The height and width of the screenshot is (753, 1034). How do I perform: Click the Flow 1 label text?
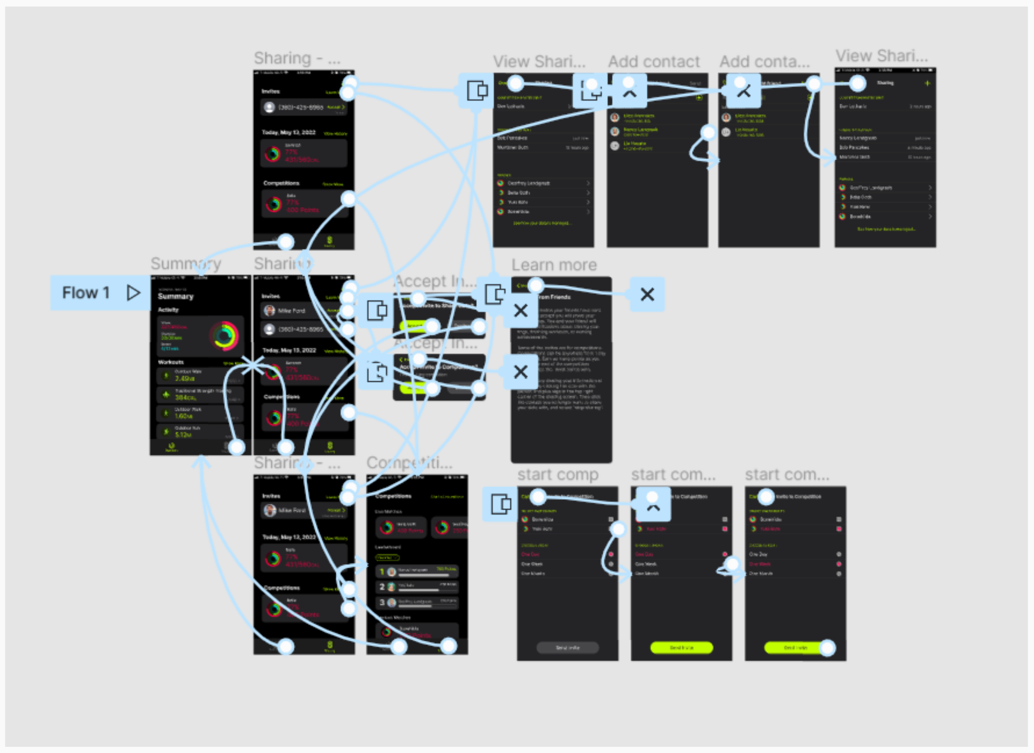click(x=86, y=293)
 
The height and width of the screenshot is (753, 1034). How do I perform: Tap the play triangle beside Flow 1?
click(x=133, y=293)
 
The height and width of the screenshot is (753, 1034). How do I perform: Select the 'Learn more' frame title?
click(x=554, y=265)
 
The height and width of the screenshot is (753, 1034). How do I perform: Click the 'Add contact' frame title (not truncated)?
click(x=654, y=62)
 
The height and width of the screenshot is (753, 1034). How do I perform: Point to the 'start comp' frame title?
click(x=558, y=475)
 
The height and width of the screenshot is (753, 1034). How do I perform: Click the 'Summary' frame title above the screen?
click(x=186, y=264)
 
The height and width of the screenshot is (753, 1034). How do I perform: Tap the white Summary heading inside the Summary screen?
click(x=176, y=296)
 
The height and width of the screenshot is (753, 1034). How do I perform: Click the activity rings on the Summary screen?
click(x=224, y=336)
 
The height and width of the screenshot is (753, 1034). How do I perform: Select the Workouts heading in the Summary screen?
click(x=171, y=362)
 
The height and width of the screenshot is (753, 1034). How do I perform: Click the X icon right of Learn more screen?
click(x=647, y=295)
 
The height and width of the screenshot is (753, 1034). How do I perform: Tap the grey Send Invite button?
click(x=568, y=648)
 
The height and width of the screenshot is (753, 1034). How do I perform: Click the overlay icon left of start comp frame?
click(x=500, y=505)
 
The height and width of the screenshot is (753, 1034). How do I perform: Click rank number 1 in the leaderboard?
click(x=382, y=572)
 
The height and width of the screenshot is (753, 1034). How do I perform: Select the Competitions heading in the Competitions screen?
click(x=393, y=496)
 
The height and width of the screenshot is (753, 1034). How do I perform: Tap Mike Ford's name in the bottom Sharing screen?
click(x=292, y=510)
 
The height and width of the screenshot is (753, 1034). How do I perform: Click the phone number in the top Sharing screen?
click(x=301, y=108)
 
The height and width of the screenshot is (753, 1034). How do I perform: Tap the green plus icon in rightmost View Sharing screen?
click(x=927, y=84)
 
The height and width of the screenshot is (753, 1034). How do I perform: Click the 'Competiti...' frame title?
click(x=409, y=463)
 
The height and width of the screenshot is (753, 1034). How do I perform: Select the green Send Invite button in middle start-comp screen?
click(x=681, y=648)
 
